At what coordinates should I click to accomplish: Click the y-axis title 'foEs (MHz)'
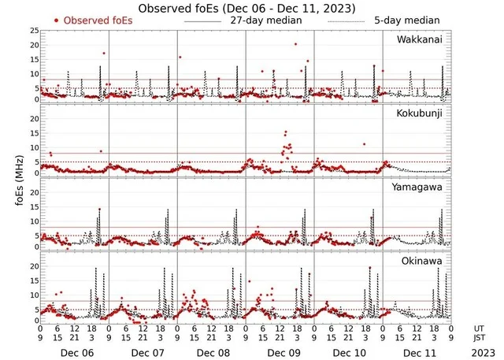pyautogui.click(x=18, y=177)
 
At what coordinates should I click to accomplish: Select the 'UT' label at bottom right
pyautogui.click(x=480, y=327)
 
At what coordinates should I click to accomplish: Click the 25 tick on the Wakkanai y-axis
pyautogui.click(x=34, y=31)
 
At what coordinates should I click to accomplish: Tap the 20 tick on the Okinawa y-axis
pyautogui.click(x=34, y=266)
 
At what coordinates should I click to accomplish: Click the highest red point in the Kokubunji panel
pyautogui.click(x=285, y=132)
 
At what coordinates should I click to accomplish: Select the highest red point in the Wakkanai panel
pyautogui.click(x=296, y=45)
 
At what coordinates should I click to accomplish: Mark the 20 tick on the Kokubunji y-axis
pyautogui.click(x=34, y=119)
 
